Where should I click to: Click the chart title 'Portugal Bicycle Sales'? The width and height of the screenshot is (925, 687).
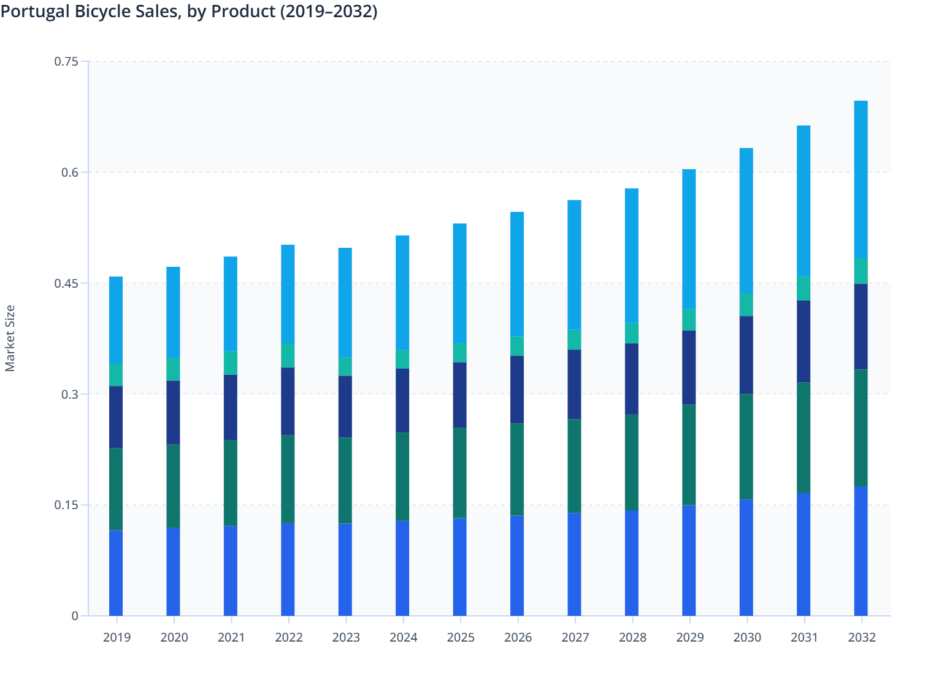tap(189, 11)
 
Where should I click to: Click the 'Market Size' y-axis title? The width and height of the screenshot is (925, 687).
tap(10, 339)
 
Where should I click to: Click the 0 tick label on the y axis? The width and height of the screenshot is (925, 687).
tap(75, 616)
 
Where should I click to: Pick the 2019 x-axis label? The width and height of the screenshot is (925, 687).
tap(117, 637)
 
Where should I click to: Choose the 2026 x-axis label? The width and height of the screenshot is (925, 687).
tap(518, 637)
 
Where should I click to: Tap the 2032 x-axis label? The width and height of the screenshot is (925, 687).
tap(861, 637)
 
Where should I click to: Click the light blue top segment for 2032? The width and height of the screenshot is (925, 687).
tap(861, 179)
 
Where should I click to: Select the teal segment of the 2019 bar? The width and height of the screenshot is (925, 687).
tap(116, 375)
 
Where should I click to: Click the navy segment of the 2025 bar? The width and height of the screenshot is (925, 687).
tap(459, 395)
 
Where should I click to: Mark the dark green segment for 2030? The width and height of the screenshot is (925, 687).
tap(746, 447)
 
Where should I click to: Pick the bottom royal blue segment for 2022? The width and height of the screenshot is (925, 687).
tap(288, 569)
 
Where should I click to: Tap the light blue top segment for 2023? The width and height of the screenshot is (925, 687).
tap(345, 302)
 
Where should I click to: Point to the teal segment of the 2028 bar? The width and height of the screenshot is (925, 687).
tap(632, 333)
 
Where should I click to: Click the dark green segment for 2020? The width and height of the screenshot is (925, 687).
tap(173, 486)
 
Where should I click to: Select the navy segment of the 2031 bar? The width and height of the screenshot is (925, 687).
tap(804, 341)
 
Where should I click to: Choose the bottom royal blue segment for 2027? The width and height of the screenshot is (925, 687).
tap(574, 564)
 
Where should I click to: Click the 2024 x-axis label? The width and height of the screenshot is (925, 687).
tap(403, 637)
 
